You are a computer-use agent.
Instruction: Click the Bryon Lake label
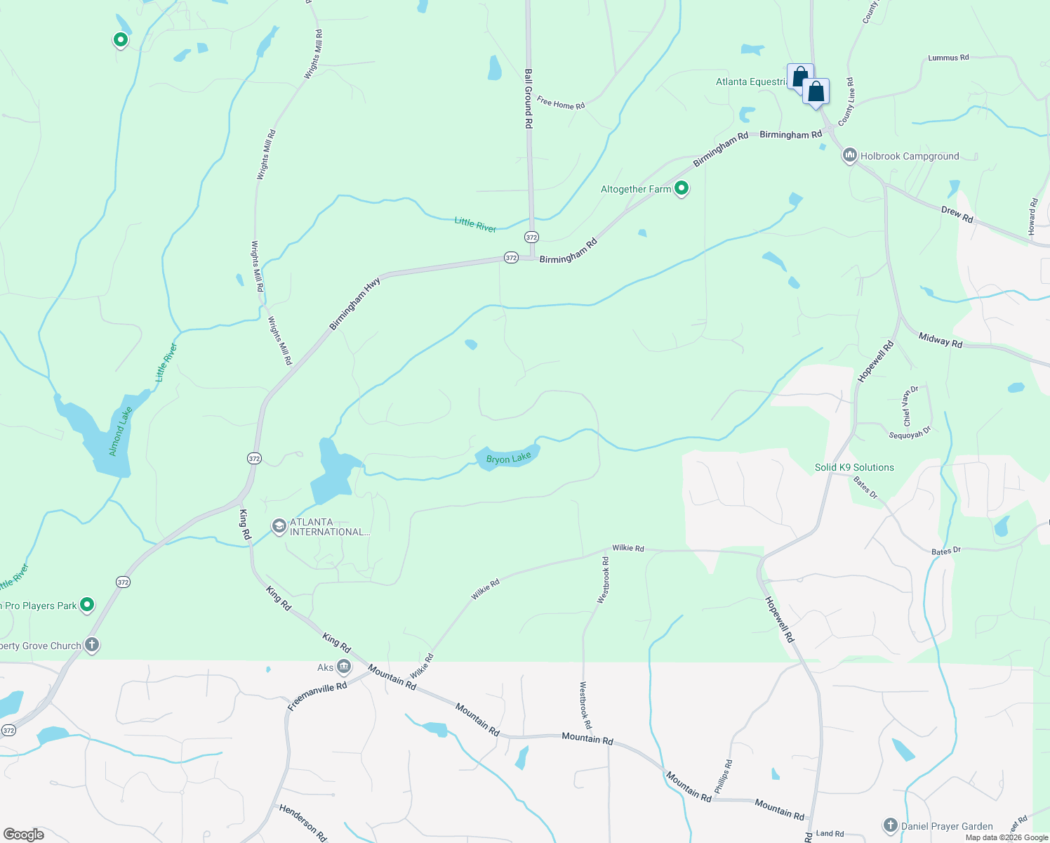(x=509, y=459)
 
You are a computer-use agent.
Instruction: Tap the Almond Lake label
(x=121, y=431)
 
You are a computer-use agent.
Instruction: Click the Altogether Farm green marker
(x=681, y=188)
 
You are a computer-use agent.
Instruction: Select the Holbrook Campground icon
(x=849, y=155)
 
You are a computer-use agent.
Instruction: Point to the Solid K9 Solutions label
(x=854, y=467)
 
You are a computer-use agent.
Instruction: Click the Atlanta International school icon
(x=279, y=526)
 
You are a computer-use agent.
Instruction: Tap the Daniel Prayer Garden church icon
(x=890, y=825)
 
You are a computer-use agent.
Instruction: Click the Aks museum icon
(x=344, y=666)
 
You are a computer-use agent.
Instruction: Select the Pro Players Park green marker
(x=87, y=604)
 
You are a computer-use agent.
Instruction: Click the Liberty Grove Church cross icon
(x=92, y=644)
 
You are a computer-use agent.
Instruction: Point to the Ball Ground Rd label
(x=529, y=98)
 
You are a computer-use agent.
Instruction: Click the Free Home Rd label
(x=561, y=103)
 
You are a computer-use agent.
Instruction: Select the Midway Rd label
(x=941, y=340)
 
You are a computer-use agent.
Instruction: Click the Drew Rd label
(x=957, y=215)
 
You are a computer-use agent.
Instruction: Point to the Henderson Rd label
(x=303, y=823)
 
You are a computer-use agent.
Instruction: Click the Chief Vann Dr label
(x=910, y=406)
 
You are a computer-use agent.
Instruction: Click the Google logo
(x=24, y=834)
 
